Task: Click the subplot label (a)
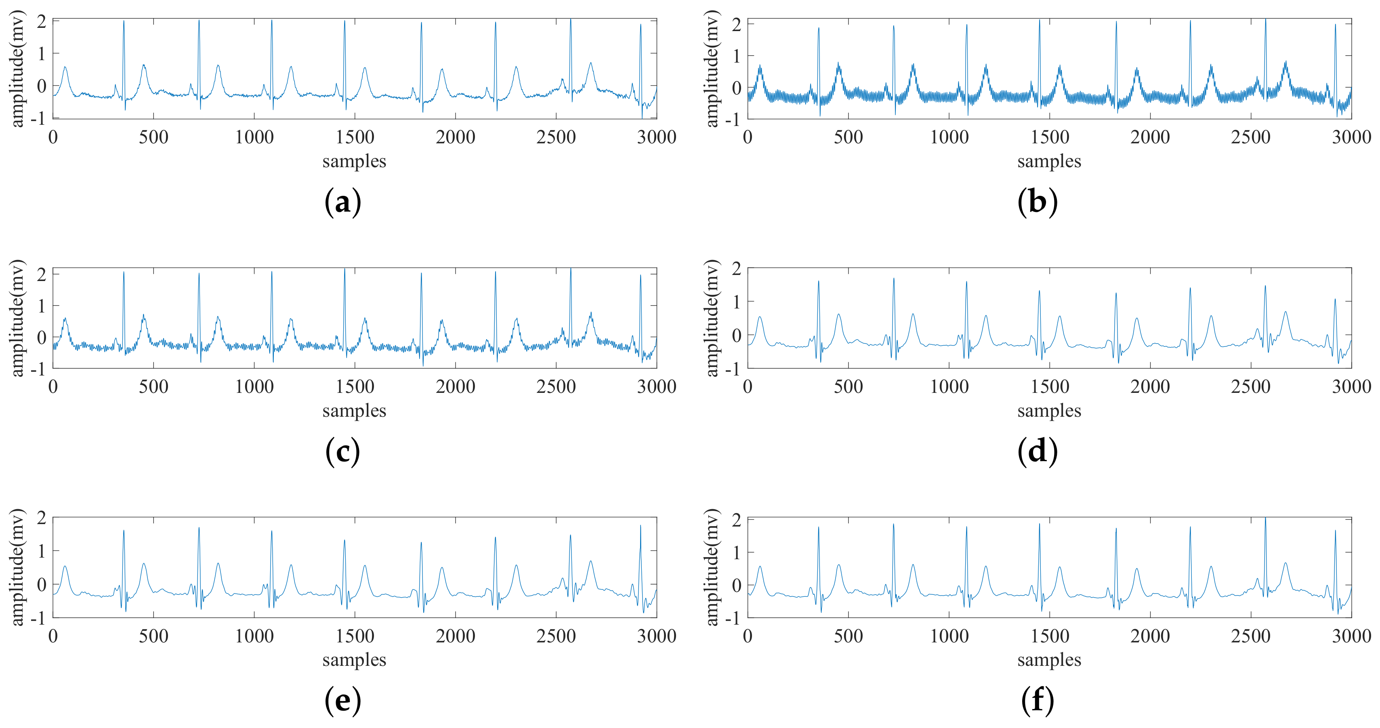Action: pos(343,202)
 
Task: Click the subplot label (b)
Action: pos(1037,202)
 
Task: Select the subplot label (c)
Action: pos(343,451)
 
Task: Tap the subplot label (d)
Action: pos(1037,451)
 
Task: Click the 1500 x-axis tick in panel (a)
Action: pos(355,137)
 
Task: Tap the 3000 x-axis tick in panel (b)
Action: pos(1351,137)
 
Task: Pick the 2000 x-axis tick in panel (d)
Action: pos(1150,387)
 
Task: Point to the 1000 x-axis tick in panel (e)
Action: pos(254,636)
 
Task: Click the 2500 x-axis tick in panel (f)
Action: pos(1250,636)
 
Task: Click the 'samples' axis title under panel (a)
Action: pos(354,161)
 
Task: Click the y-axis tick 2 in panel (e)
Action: pos(41,518)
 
